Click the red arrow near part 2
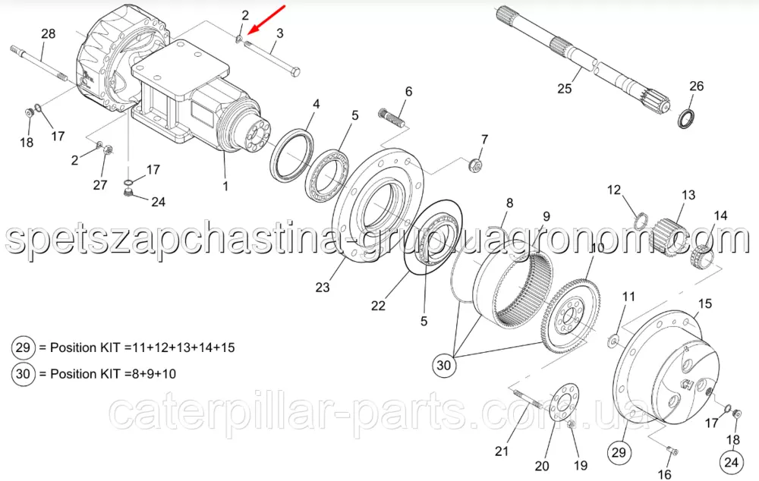click(266, 20)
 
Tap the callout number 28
click(48, 34)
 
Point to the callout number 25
click(565, 89)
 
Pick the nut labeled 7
click(475, 165)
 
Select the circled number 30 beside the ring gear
click(443, 365)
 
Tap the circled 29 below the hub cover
click(619, 452)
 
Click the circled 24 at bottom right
click(731, 462)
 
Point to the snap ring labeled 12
click(641, 221)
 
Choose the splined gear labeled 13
click(669, 235)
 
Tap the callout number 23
click(323, 288)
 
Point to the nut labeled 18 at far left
click(29, 112)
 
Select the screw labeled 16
click(672, 451)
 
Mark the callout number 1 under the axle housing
click(225, 186)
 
